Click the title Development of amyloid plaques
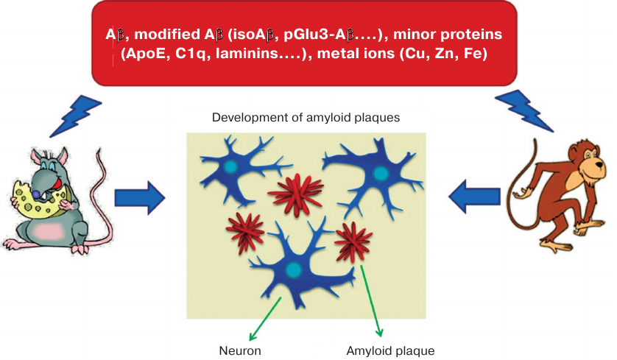306,118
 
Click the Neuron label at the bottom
240,350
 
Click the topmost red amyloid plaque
295,192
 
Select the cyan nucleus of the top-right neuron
380,174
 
